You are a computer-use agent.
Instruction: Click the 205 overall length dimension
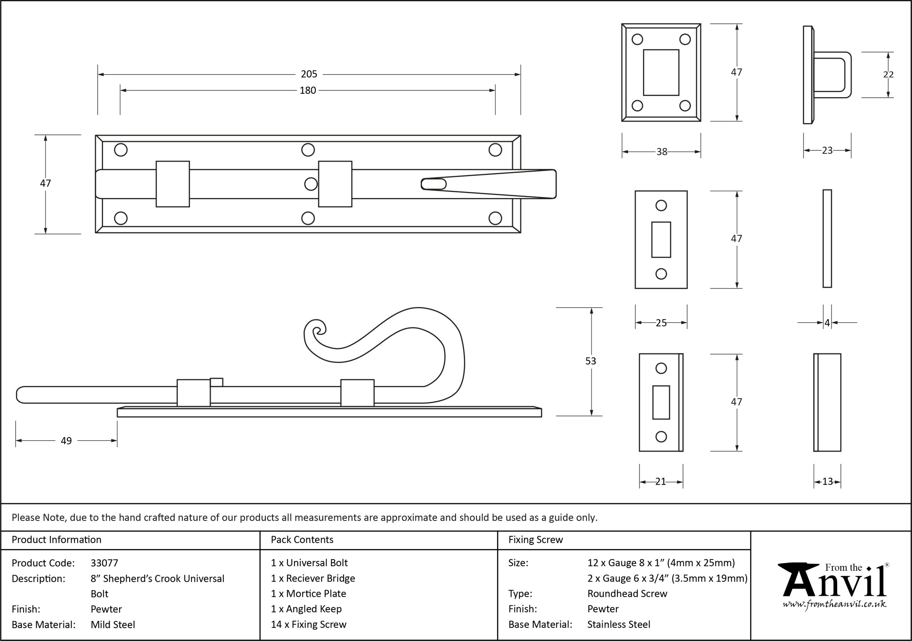(x=309, y=74)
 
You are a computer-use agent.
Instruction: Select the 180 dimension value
(x=308, y=90)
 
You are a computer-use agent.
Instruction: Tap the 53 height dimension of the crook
(x=591, y=361)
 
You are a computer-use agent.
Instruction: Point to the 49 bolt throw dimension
(x=66, y=441)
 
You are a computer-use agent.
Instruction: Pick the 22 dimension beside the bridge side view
(x=888, y=75)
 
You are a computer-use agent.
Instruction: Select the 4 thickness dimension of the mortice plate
(x=828, y=323)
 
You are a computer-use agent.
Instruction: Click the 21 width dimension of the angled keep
(x=660, y=482)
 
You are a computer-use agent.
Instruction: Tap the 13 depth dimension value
(x=828, y=482)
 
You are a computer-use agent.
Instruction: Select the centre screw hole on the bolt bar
(x=311, y=184)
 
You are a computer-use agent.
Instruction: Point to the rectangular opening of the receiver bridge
(x=661, y=72)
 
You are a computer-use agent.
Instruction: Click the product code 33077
(x=104, y=563)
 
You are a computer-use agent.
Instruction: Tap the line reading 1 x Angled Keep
(x=306, y=609)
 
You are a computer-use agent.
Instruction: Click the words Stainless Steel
(x=619, y=625)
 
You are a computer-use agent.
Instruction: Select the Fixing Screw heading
(x=536, y=540)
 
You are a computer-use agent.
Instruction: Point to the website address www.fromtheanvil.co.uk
(x=834, y=604)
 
